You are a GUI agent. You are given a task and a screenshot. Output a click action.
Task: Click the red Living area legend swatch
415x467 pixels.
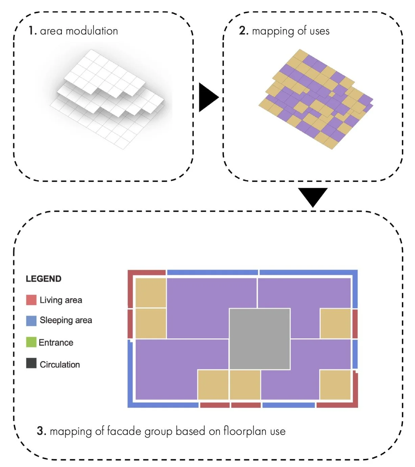[x=31, y=300]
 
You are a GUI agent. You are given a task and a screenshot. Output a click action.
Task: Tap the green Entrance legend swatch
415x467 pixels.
[x=31, y=342]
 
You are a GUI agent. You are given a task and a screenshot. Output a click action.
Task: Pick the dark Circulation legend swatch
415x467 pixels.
[x=31, y=364]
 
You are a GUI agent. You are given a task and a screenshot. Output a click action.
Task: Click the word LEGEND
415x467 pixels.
[x=44, y=279]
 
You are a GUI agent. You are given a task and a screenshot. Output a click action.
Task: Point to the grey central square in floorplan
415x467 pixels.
[x=259, y=339]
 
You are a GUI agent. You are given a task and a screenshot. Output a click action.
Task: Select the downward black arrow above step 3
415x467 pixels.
[x=313, y=196]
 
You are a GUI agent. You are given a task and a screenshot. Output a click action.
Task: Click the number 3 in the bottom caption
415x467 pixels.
[x=41, y=431]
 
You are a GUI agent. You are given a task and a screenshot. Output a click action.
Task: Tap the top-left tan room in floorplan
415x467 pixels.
[x=151, y=293]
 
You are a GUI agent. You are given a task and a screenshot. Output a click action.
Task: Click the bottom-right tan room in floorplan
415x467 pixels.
[x=335, y=385]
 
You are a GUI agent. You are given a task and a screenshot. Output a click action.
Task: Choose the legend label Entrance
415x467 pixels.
[x=56, y=343]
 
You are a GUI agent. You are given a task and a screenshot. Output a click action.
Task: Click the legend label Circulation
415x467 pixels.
[x=60, y=365]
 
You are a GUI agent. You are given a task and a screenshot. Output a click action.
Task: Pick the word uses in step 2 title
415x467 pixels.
[x=319, y=31]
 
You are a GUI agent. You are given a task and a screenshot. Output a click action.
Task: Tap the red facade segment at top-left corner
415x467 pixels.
[x=146, y=273]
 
